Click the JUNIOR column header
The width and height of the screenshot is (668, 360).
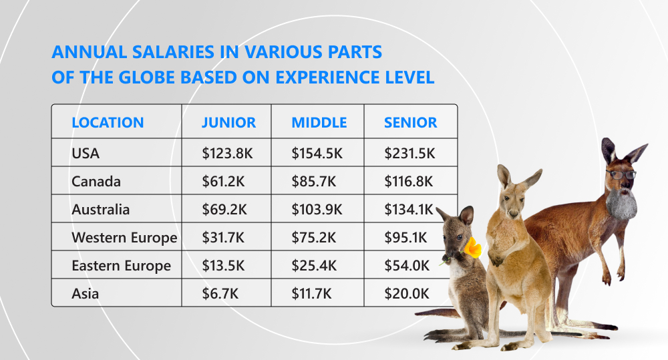click(x=228, y=123)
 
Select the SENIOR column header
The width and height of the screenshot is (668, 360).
click(x=410, y=123)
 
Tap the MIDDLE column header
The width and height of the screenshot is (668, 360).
click(x=319, y=123)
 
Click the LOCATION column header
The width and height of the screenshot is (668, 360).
click(x=108, y=123)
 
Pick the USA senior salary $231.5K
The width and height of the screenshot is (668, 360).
click(x=409, y=154)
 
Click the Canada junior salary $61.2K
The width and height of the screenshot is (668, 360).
click(x=223, y=182)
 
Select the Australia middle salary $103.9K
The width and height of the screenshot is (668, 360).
click(x=317, y=210)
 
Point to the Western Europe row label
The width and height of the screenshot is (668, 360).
click(x=124, y=238)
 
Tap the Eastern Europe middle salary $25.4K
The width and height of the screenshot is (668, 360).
click(x=314, y=266)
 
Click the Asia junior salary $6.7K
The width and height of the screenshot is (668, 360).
click(x=220, y=294)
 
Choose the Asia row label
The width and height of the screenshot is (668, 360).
click(x=86, y=294)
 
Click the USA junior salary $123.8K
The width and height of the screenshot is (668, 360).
click(x=228, y=154)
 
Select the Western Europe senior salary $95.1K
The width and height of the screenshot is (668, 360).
click(x=405, y=238)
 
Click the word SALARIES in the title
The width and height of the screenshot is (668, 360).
click(x=174, y=52)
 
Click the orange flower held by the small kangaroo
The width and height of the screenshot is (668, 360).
click(x=472, y=248)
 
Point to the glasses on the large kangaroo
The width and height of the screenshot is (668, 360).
click(x=621, y=174)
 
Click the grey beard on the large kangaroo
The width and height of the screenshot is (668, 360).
click(x=621, y=204)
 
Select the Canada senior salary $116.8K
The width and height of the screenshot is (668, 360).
click(x=409, y=182)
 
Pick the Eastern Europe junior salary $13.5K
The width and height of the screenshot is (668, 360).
click(x=223, y=266)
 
